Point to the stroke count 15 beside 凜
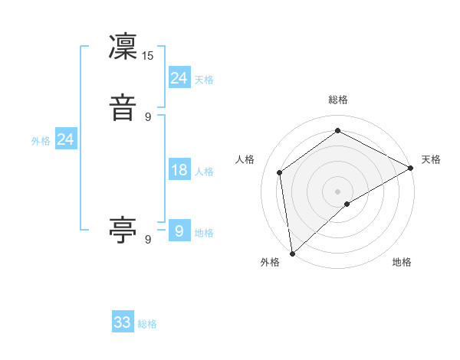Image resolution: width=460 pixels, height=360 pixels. coord(148,56)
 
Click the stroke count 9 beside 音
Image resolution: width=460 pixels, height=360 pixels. coord(148,117)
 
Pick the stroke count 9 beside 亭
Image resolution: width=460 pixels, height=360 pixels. coord(148,240)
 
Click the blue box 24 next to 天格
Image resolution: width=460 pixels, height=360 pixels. coord(179,77)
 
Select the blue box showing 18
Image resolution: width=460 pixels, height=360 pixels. coord(179,170)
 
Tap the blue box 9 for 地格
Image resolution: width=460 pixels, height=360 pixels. coord(179,231)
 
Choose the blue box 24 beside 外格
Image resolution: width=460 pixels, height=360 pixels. coord(66,139)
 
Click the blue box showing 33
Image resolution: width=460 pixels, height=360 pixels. coord(123,322)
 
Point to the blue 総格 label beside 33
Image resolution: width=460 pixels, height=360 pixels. coord(148,324)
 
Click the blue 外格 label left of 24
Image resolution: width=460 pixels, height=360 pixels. coord(41,141)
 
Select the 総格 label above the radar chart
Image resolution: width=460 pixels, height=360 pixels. coord(338,100)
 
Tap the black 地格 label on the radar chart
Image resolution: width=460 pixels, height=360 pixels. coord(402,263)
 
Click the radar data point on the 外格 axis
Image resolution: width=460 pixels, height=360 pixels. coord(292,253)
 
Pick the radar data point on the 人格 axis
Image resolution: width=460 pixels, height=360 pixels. coord(280,172)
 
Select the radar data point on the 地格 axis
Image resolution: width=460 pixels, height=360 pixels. coord(347,204)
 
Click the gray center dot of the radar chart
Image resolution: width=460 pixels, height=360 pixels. coord(338,191)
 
